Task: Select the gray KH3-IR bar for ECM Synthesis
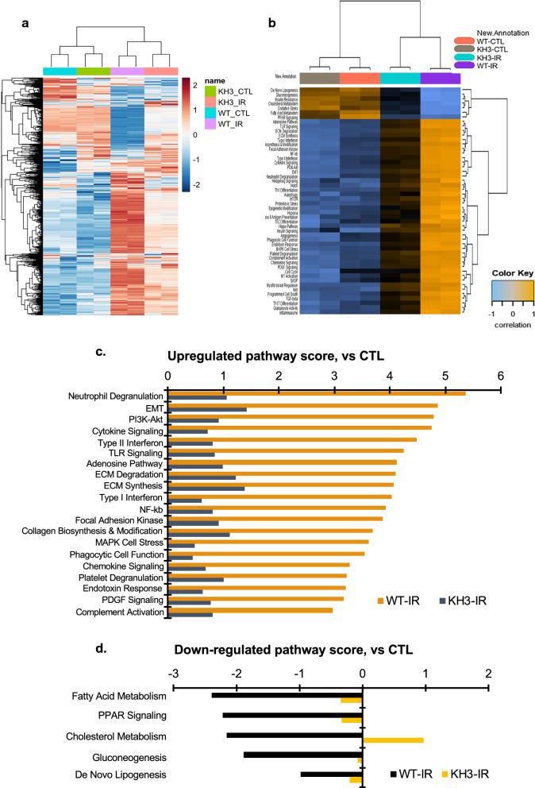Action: click(206, 489)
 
